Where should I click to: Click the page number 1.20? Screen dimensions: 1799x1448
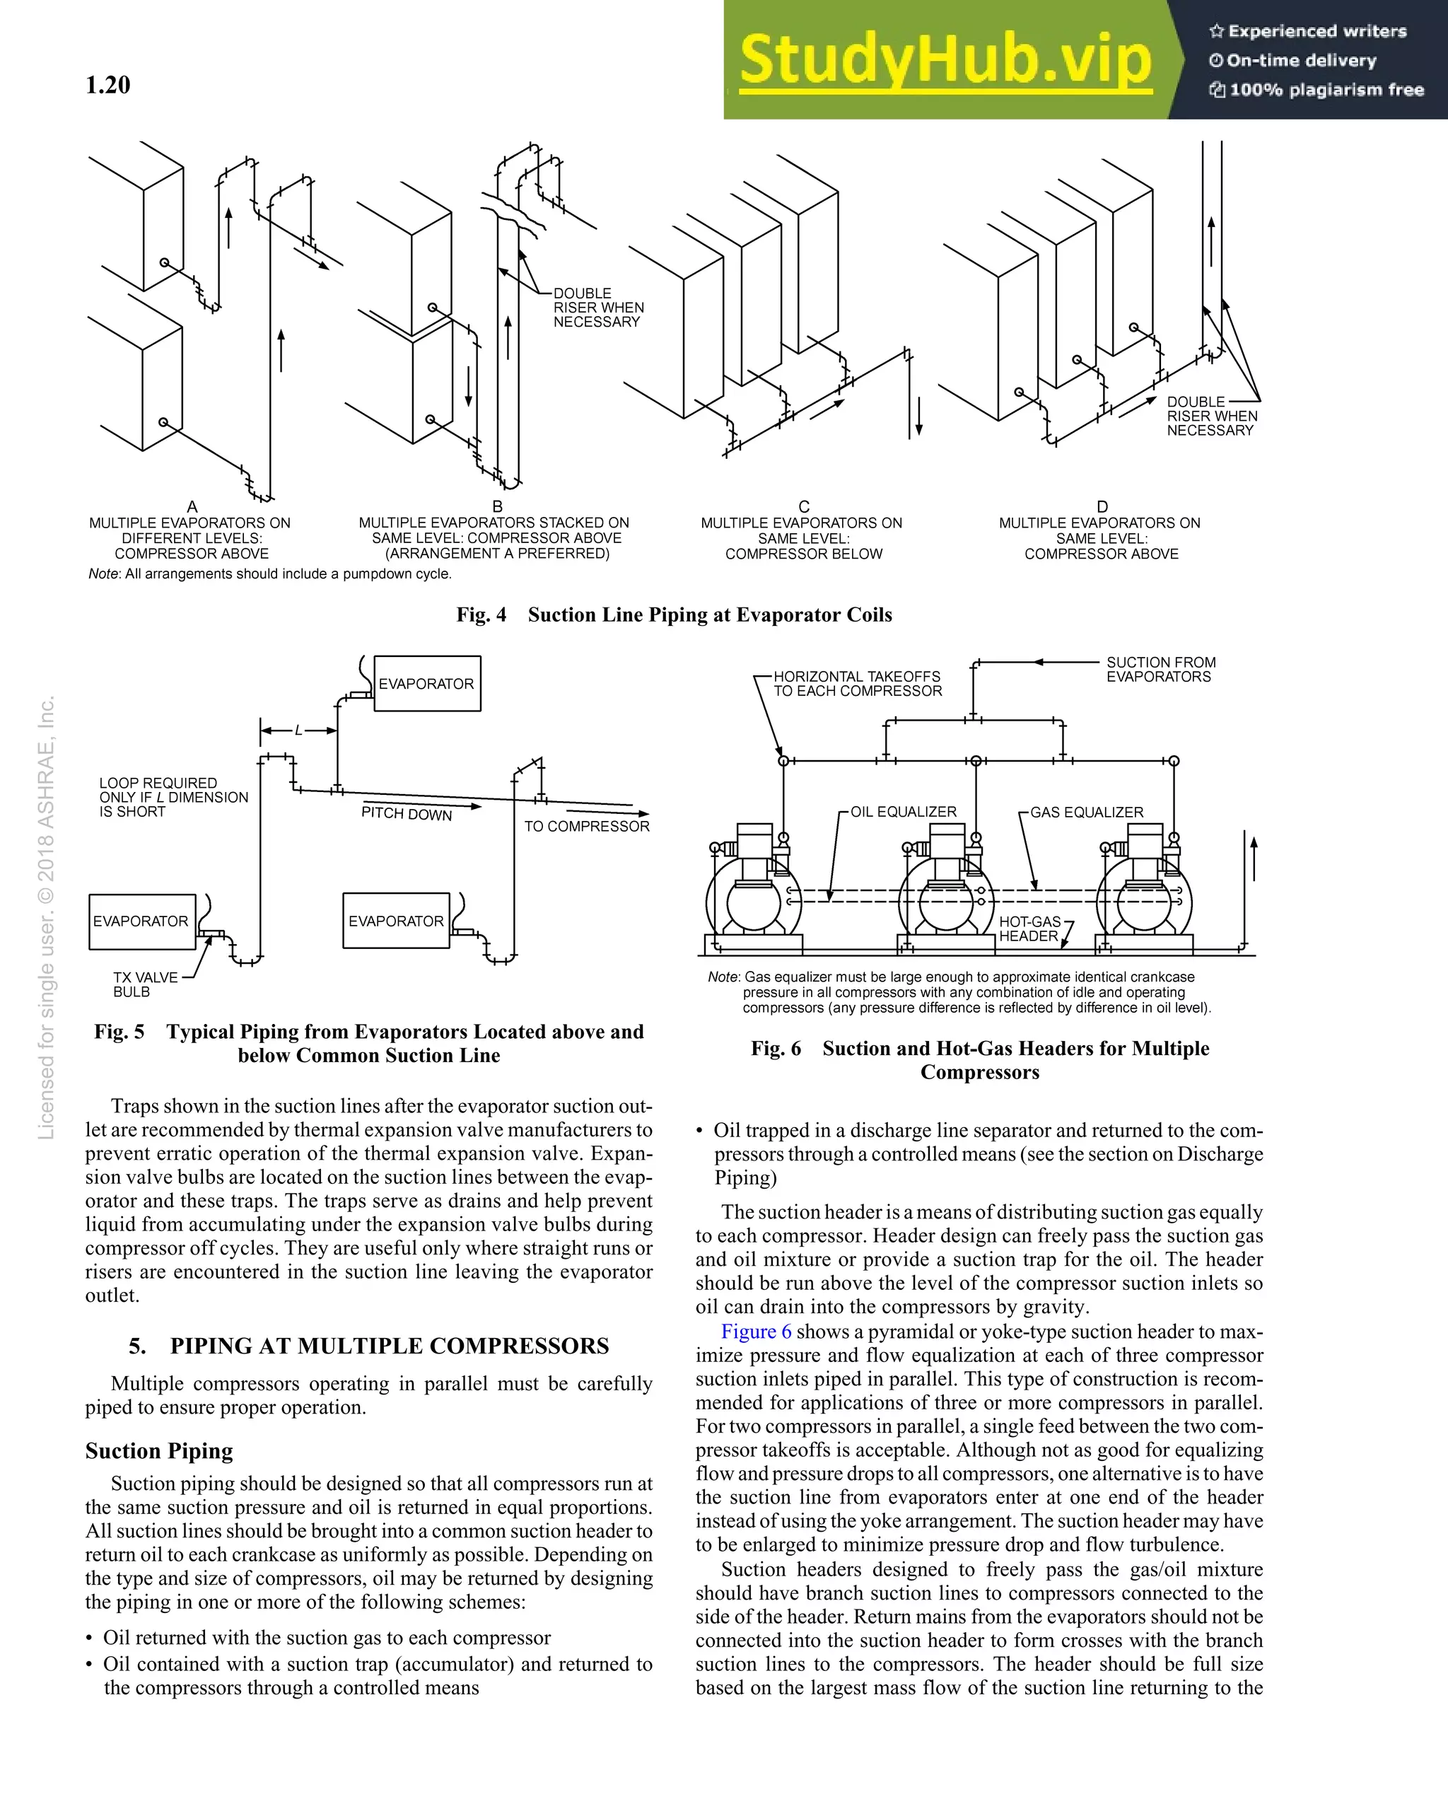(107, 85)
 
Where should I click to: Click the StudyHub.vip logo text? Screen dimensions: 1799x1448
(945, 60)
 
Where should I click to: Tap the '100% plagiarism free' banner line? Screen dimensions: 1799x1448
(1318, 89)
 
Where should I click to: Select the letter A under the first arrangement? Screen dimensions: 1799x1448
(192, 506)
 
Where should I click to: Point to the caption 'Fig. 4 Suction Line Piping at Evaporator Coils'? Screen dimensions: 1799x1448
(674, 615)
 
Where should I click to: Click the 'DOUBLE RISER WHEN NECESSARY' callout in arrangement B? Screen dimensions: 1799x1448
(597, 308)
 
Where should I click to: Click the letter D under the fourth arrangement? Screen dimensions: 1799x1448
(1102, 506)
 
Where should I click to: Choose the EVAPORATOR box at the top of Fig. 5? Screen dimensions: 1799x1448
(427, 683)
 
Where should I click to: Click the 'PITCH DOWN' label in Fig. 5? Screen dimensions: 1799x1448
(407, 813)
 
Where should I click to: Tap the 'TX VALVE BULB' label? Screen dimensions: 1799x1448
(144, 984)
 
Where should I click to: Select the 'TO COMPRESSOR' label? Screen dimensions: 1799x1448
(586, 826)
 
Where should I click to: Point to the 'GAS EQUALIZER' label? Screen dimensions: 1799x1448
(1086, 812)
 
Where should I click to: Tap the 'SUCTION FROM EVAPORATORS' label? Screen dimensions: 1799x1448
(1160, 669)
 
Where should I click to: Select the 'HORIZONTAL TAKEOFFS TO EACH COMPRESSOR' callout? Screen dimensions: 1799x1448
(857, 683)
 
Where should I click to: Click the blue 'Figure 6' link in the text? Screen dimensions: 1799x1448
(756, 1332)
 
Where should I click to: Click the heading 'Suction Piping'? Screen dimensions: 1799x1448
(158, 1451)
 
